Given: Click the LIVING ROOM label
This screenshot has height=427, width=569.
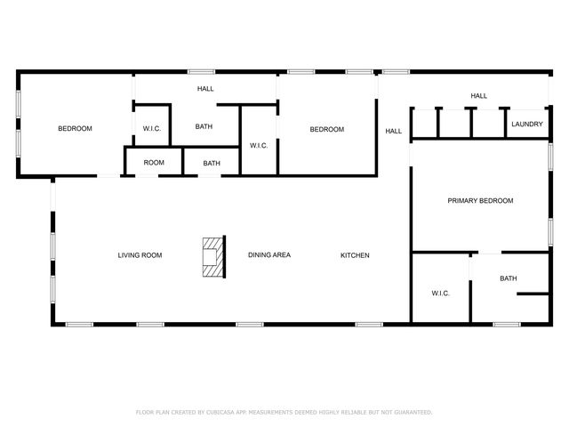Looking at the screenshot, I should click(140, 255).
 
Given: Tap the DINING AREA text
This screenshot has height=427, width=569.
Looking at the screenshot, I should click(268, 255).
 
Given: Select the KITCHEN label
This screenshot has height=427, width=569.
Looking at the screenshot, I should click(355, 255).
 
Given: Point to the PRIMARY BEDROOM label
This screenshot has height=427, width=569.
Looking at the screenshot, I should click(479, 201).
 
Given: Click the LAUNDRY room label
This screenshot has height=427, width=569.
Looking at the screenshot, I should click(527, 125).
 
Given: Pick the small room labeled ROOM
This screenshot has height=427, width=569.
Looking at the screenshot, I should click(154, 163).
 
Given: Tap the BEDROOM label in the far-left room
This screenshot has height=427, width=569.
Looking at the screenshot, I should click(75, 129).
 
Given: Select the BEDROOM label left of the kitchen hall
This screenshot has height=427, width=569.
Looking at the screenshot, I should click(326, 130).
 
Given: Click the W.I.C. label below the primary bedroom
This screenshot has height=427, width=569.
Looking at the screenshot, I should click(441, 293).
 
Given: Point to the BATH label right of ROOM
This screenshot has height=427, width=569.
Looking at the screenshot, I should click(212, 163).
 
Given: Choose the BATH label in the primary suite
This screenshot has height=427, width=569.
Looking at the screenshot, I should click(508, 278).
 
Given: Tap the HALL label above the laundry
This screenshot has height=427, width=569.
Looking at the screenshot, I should click(478, 96).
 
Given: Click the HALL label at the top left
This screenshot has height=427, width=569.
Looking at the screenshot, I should click(205, 89).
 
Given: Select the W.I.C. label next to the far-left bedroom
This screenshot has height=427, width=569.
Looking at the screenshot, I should click(151, 130).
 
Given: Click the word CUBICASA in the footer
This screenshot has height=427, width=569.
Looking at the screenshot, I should click(220, 412).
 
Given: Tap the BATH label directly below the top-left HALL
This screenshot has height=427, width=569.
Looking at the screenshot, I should click(204, 127).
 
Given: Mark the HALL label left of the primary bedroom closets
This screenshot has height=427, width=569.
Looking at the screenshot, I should click(393, 132).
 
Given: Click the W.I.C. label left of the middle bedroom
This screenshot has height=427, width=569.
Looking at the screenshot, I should click(259, 145).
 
